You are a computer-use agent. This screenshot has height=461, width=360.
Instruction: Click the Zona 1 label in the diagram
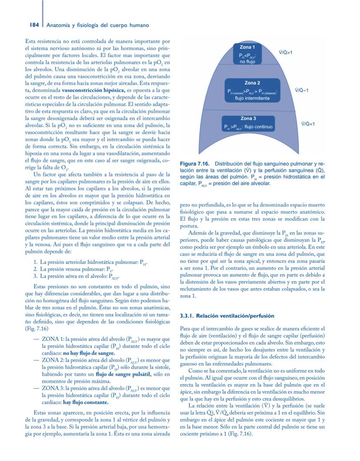click(x=247, y=47)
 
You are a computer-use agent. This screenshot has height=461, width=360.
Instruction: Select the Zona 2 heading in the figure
click(x=252, y=83)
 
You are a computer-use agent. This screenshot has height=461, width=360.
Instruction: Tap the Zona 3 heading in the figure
click(x=248, y=118)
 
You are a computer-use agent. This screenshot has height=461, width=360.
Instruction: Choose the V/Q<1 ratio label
click(x=308, y=124)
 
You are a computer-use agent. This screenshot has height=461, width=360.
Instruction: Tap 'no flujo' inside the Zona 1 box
click(x=247, y=61)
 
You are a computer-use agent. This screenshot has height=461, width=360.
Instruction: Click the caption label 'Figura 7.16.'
click(x=194, y=163)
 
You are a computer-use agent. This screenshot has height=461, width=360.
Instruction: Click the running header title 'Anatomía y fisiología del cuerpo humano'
click(x=98, y=25)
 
